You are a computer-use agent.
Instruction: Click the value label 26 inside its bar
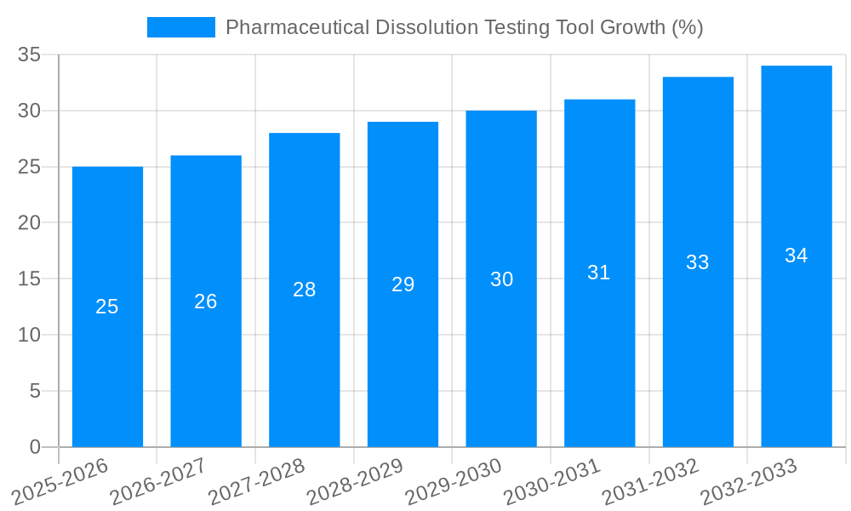point(206,301)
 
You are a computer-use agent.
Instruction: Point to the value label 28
point(305,290)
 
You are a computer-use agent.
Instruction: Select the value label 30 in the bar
point(501,279)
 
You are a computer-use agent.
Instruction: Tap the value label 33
point(698,262)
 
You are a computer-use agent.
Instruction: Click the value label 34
point(797,255)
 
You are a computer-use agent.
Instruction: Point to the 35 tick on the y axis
point(30,55)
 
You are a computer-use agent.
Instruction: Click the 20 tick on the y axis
point(30,223)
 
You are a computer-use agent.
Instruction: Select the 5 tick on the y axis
point(35,391)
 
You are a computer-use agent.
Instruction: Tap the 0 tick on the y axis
point(35,447)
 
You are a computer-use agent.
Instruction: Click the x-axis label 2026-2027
point(158,481)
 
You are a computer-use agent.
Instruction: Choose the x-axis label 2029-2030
point(454,481)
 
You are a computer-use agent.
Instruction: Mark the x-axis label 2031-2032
point(651,481)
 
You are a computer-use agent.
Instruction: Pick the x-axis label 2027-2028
point(257,481)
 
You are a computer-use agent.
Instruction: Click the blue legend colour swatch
point(180,27)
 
